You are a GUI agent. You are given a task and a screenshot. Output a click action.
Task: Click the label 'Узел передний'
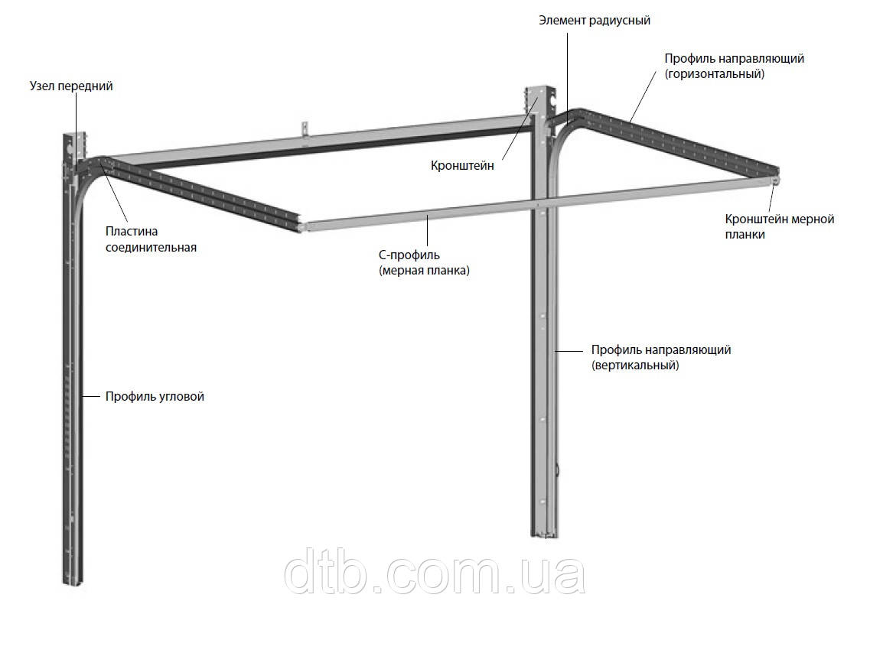pyautogui.click(x=71, y=86)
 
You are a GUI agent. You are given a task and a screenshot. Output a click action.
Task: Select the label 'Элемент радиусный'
pyautogui.click(x=595, y=21)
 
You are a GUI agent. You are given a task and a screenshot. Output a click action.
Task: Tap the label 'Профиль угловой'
pyautogui.click(x=155, y=396)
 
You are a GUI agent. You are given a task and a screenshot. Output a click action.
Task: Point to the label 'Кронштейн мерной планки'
pyautogui.click(x=780, y=227)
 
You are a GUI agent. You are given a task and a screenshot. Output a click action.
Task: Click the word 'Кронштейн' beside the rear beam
pyautogui.click(x=462, y=165)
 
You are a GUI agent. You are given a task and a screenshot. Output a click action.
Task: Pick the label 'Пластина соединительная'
pyautogui.click(x=151, y=239)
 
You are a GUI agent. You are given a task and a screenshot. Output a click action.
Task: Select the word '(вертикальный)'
pyautogui.click(x=635, y=365)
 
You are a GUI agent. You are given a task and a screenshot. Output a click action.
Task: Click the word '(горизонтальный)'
pyautogui.click(x=715, y=73)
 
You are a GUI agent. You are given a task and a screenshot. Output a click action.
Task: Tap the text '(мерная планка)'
pyautogui.click(x=424, y=271)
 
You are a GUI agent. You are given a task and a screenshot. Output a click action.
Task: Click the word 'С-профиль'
pyautogui.click(x=409, y=255)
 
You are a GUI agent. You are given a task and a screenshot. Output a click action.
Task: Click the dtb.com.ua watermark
pyautogui.click(x=435, y=571)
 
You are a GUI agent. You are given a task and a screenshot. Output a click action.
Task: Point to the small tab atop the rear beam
pyautogui.click(x=304, y=128)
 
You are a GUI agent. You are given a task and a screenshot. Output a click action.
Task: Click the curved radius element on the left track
pyautogui.click(x=89, y=177)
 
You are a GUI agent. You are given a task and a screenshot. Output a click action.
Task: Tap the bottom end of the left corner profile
pyautogui.click(x=73, y=582)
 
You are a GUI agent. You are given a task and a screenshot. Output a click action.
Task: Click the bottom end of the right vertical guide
pyautogui.click(x=546, y=535)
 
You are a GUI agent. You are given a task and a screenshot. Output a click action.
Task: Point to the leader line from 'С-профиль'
pyautogui.click(x=427, y=231)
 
